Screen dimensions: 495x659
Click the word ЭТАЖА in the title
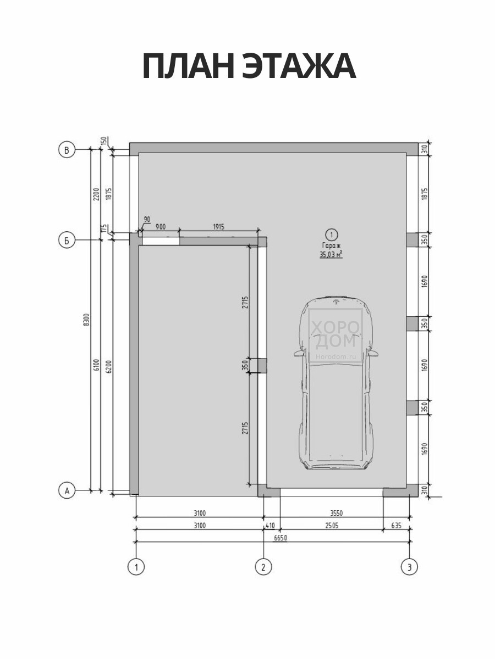[299, 66]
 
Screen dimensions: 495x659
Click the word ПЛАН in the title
[189, 66]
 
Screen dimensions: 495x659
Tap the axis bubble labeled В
[67, 149]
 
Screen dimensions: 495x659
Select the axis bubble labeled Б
[67, 240]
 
